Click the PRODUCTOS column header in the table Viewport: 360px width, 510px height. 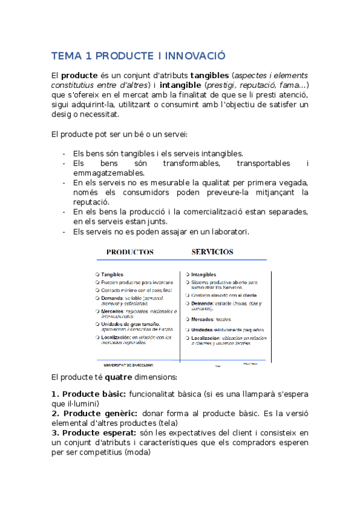tap(130, 252)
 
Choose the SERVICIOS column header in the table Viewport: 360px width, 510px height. tap(212, 251)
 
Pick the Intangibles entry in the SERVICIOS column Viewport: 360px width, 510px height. tap(203, 274)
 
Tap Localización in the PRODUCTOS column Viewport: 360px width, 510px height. tap(117, 337)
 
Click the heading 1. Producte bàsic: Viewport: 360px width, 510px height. tap(88, 394)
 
